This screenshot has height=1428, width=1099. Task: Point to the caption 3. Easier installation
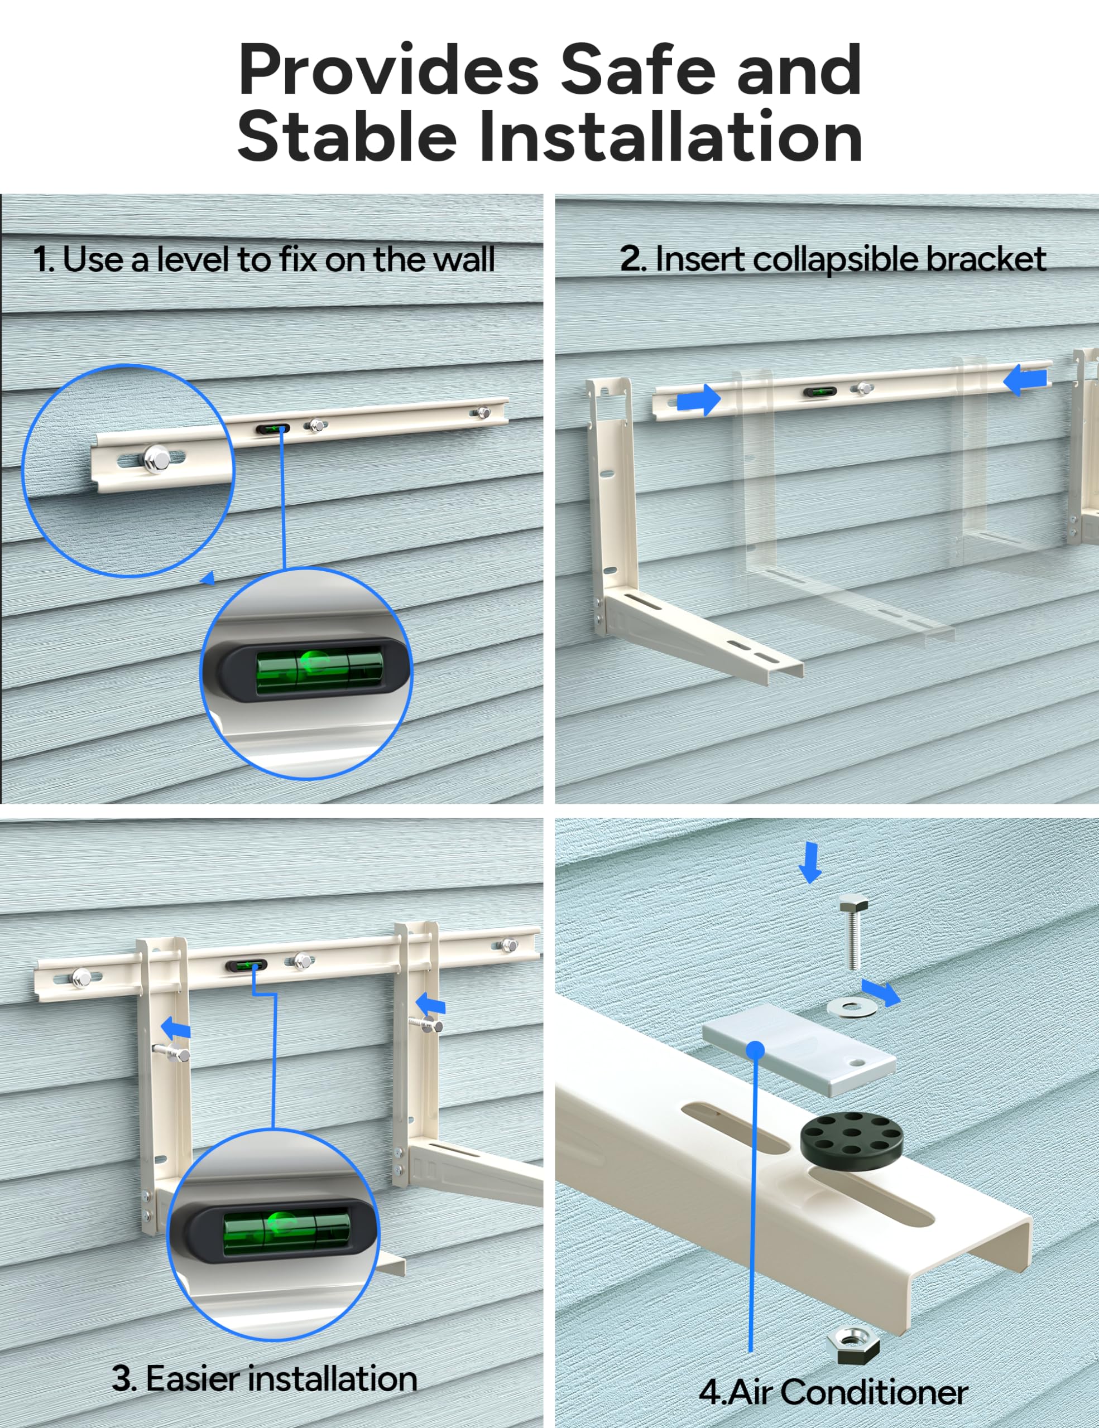click(264, 1378)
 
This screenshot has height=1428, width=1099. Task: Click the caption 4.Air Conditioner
click(833, 1391)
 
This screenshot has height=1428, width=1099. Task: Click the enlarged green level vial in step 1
click(316, 670)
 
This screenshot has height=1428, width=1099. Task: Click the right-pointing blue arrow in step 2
click(699, 399)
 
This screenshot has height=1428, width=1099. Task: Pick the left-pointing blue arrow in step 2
click(1026, 380)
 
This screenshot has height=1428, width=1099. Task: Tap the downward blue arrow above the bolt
click(810, 862)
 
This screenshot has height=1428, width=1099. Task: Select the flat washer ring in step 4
click(852, 1007)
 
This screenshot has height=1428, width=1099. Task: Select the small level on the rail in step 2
click(820, 392)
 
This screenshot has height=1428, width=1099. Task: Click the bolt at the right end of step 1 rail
click(483, 413)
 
